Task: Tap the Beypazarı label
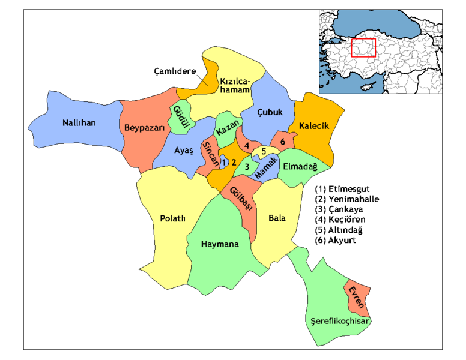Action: (x=141, y=127)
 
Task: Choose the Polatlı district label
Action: (x=172, y=218)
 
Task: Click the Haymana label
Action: (x=220, y=244)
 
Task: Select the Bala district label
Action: (x=277, y=218)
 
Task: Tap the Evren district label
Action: (x=358, y=298)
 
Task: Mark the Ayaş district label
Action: (x=183, y=151)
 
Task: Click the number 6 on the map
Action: (x=282, y=141)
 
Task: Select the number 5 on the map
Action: (x=264, y=150)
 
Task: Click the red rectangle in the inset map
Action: (x=363, y=47)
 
